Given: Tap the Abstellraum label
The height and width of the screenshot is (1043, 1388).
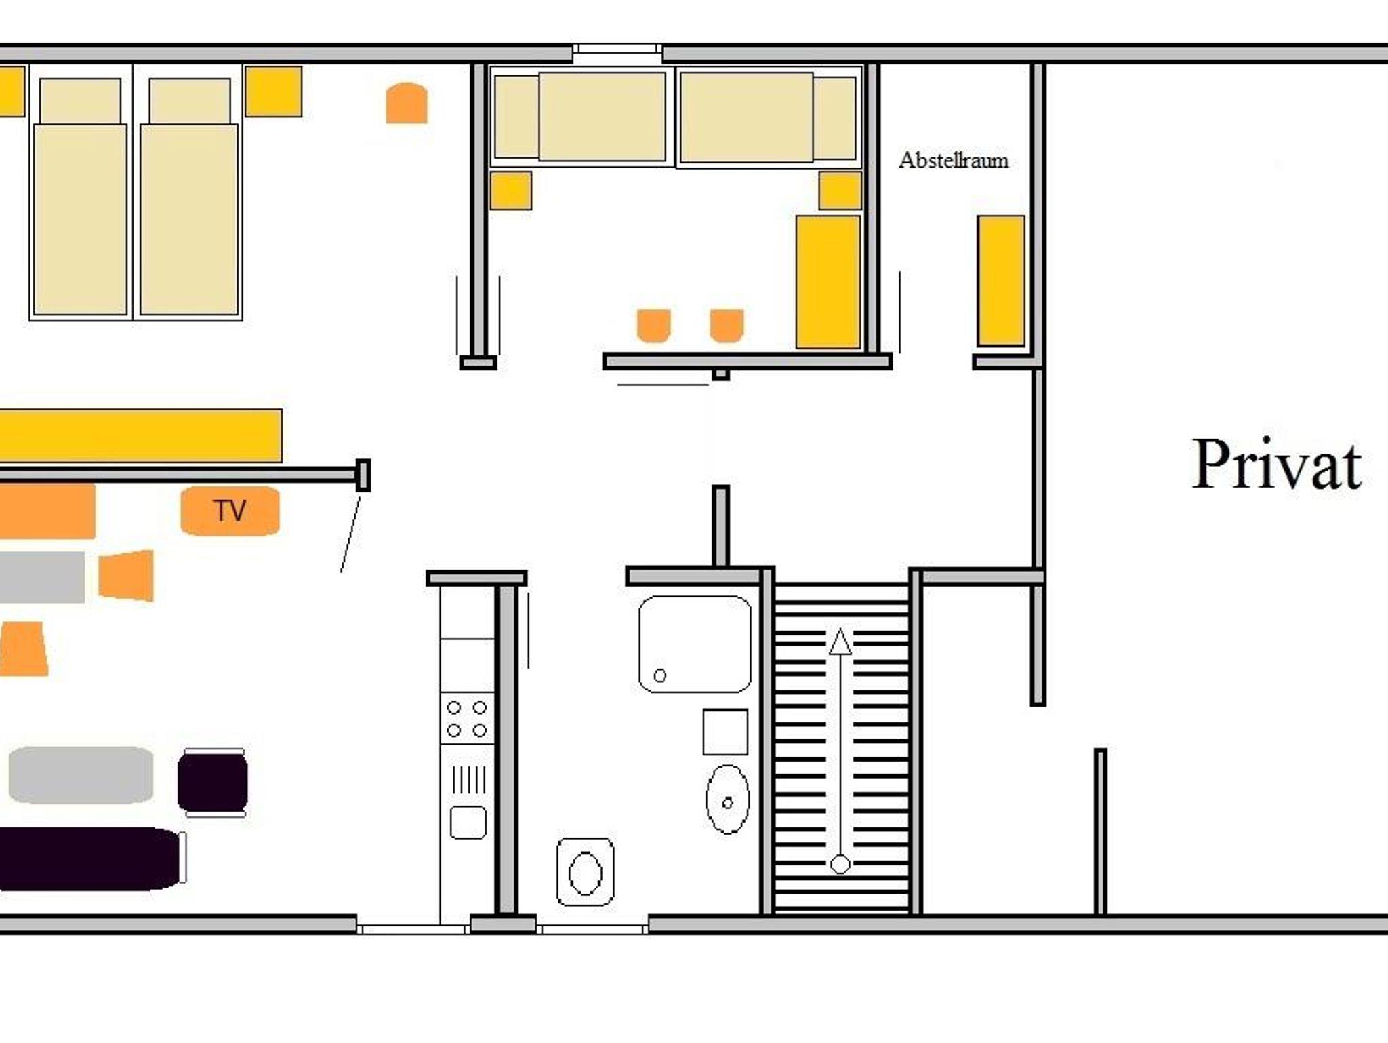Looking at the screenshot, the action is (954, 160).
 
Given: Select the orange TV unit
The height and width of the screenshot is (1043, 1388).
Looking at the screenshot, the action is (230, 511).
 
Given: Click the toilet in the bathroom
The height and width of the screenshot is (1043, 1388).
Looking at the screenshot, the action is (586, 871).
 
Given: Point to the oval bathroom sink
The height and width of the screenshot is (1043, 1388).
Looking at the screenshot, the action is (728, 800).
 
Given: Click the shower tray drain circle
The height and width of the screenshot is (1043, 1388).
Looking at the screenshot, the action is (659, 675).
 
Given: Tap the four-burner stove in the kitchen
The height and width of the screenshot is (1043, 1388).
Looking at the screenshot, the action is (467, 719).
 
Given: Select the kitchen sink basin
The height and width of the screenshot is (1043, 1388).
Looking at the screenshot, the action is (468, 822).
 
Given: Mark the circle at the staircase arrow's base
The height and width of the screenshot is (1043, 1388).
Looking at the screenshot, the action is (840, 864).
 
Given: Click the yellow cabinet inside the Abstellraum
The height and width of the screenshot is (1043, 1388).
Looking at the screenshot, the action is (1001, 281).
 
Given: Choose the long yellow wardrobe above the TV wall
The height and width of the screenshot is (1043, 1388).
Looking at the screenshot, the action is (140, 435).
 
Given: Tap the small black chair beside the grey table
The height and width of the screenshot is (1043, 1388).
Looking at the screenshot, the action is (213, 783).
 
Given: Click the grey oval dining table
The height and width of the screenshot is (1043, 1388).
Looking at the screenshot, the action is (81, 775).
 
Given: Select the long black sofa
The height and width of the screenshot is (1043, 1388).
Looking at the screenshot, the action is (90, 859).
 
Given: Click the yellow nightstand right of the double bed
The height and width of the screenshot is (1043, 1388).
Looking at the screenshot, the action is (273, 92).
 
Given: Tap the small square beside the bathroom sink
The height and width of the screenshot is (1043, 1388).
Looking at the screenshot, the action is (725, 732).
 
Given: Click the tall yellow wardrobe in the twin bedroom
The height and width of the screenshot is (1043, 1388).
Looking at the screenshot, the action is (828, 282).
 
